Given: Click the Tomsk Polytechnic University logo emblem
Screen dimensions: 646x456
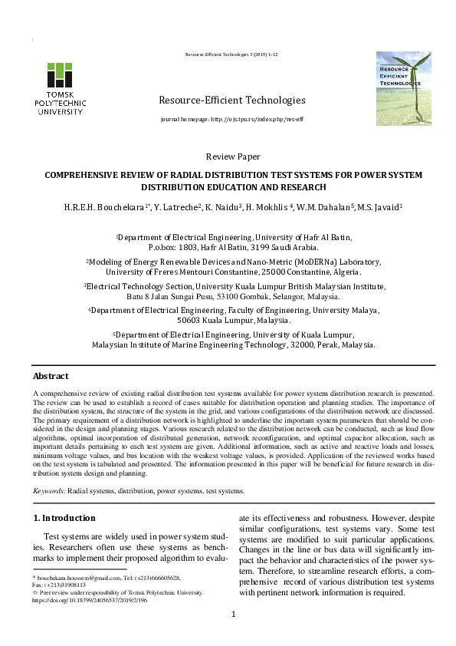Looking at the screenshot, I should (61, 74).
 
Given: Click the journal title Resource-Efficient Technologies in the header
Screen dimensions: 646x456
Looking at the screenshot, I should (231, 101).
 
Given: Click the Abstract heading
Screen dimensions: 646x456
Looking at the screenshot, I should (51, 377).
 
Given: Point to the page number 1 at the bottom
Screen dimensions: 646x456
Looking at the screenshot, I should (234, 614).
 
